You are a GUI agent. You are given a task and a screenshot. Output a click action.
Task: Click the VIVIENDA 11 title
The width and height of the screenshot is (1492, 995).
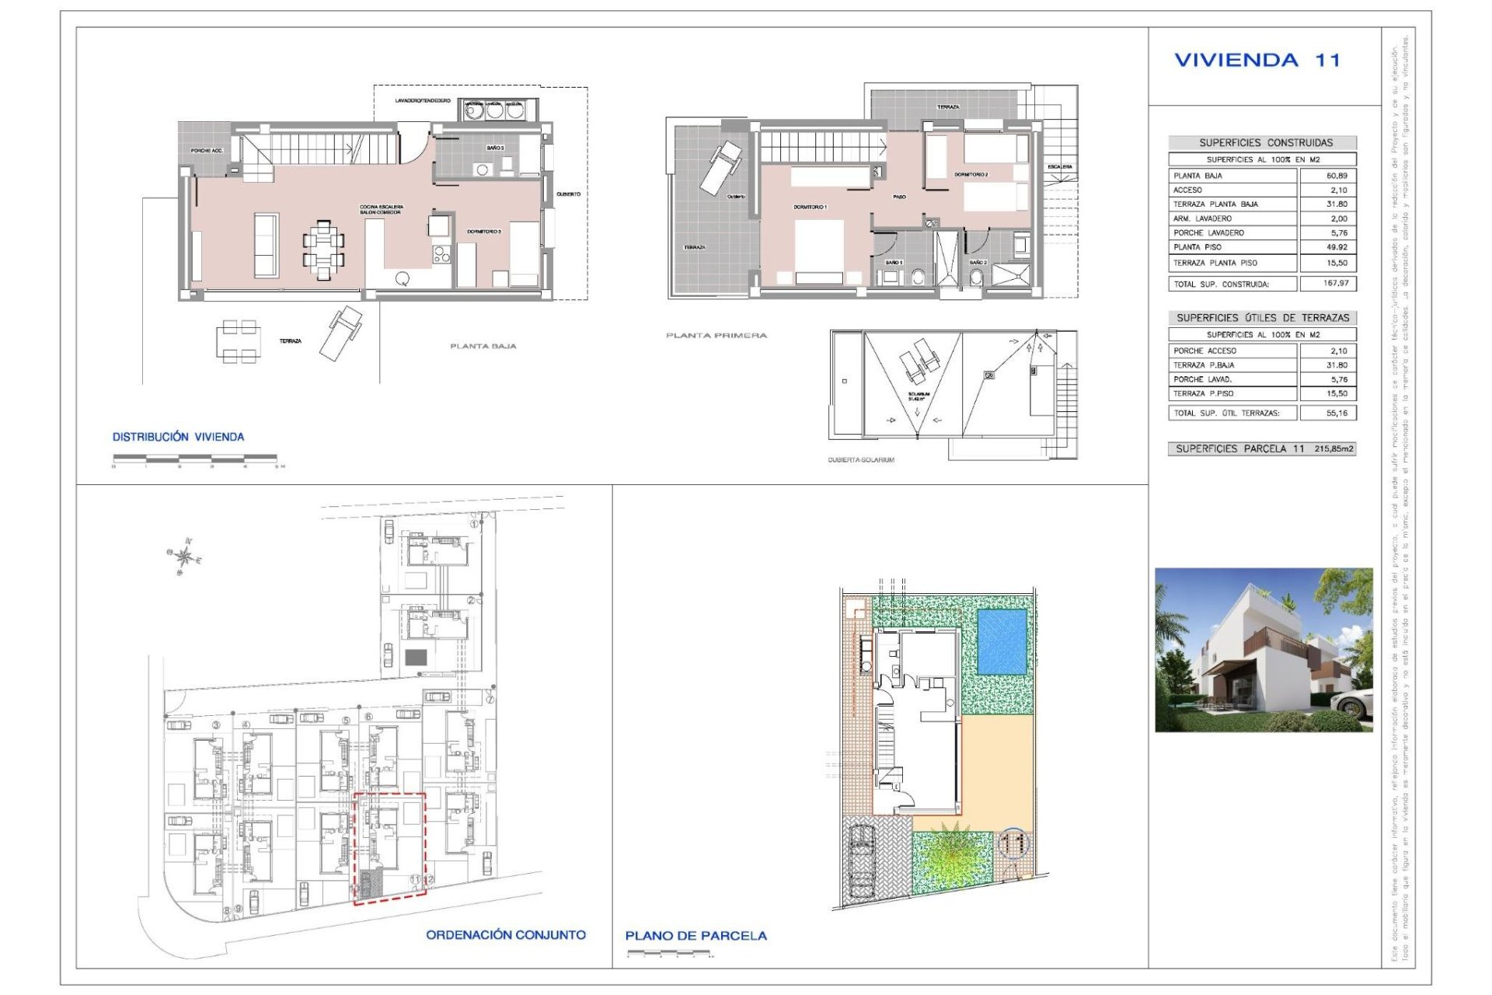1257,61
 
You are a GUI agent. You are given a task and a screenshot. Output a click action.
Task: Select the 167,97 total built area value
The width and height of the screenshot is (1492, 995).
1335,284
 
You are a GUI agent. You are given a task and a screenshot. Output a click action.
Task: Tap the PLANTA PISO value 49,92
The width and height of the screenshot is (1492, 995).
1336,247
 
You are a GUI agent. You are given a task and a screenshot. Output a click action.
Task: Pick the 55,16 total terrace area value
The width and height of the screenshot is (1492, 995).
1336,413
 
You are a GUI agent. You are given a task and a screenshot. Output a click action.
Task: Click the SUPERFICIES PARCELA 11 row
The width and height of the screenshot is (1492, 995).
1262,449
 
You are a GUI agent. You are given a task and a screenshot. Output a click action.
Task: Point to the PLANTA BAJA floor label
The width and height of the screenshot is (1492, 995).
483,347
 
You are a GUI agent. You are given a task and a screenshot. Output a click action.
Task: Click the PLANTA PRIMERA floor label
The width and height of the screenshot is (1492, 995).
716,336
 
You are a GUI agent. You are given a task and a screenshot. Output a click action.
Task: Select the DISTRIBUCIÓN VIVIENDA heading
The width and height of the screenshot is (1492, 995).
178,437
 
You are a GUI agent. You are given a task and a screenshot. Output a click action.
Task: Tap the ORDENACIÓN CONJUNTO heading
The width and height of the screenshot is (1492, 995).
505,935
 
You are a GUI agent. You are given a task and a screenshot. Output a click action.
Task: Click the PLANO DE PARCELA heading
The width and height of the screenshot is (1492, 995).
695,936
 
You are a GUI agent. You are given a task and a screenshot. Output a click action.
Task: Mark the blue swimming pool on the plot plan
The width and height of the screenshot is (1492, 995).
1001,641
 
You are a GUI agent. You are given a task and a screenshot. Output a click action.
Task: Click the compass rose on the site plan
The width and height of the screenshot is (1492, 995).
184,557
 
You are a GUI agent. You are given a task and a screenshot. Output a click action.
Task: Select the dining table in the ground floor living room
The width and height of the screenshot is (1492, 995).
322,250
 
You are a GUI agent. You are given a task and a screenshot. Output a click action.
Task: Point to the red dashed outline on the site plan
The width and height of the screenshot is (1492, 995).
389,848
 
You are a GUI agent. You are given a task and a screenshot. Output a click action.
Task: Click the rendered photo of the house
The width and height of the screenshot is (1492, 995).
1263,650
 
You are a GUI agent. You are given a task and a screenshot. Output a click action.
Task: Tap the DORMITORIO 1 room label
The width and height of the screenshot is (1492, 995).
809,208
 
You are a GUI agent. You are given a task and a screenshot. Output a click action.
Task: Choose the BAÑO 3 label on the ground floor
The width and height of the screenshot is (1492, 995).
495,148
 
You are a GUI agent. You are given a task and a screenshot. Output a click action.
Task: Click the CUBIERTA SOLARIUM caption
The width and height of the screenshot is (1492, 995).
860,460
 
